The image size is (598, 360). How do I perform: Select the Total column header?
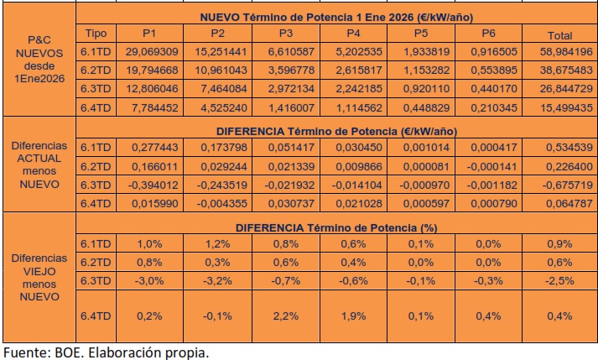pos(559,35)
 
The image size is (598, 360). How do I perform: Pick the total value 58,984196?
pos(559,51)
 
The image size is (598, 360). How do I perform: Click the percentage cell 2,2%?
pos(289,316)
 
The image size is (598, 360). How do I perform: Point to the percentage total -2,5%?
pos(559,279)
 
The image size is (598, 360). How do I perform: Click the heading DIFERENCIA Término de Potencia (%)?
pos(335,227)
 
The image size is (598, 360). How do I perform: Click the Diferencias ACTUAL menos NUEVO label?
pos(38,164)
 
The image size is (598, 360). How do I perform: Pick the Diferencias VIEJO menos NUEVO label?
pos(38,277)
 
